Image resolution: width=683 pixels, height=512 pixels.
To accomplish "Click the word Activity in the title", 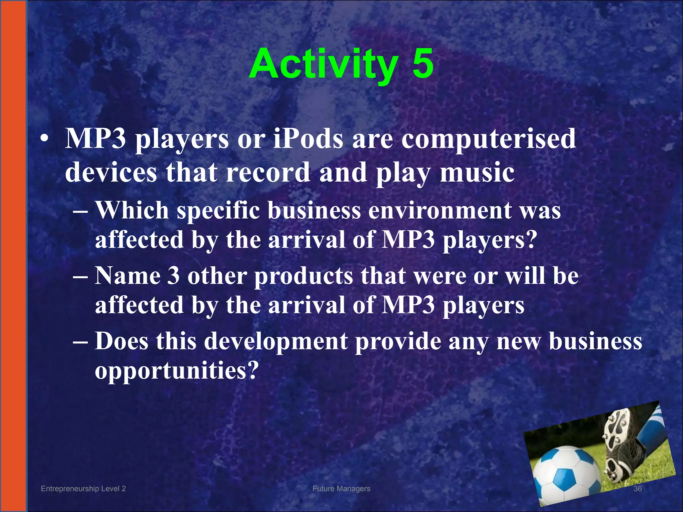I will [x=323, y=64].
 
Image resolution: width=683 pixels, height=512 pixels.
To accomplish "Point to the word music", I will [x=477, y=173].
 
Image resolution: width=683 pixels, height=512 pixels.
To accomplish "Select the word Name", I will [x=127, y=276].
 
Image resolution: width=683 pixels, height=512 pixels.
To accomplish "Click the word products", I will [x=303, y=277].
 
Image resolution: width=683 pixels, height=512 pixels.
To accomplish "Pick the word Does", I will [x=122, y=341].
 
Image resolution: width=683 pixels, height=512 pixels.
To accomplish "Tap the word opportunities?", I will [x=177, y=371].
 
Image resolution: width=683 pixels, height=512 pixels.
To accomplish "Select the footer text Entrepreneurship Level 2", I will [x=83, y=489].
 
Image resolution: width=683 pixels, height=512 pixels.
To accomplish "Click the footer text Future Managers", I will [x=341, y=489].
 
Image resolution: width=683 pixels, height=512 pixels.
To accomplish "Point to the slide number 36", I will [x=637, y=489].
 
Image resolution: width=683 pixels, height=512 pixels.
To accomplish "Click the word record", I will [x=268, y=173].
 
